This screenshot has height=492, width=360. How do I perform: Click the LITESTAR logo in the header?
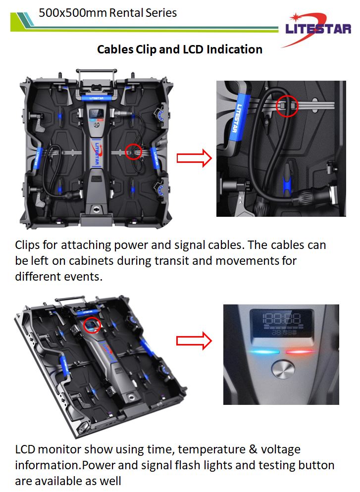(x=317, y=29)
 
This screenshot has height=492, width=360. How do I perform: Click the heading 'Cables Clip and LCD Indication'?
(x=180, y=49)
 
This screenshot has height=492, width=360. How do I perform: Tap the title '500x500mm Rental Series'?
(x=107, y=12)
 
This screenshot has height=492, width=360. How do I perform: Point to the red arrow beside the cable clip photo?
(x=194, y=158)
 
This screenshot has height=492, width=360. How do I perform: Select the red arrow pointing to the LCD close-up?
(x=194, y=341)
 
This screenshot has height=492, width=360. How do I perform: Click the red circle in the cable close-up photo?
(x=287, y=106)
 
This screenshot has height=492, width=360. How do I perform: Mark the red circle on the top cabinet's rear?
(x=133, y=151)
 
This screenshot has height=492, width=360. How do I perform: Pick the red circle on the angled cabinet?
(x=93, y=325)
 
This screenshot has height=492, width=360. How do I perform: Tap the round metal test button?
(x=283, y=370)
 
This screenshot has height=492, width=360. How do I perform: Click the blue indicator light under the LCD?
(x=264, y=352)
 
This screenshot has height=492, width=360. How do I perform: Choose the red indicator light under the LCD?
(x=300, y=352)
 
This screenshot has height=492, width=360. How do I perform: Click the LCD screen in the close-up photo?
(x=282, y=324)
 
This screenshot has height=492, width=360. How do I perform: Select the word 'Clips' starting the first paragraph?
(x=27, y=245)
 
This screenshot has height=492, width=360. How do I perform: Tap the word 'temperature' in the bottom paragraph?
(x=211, y=449)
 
